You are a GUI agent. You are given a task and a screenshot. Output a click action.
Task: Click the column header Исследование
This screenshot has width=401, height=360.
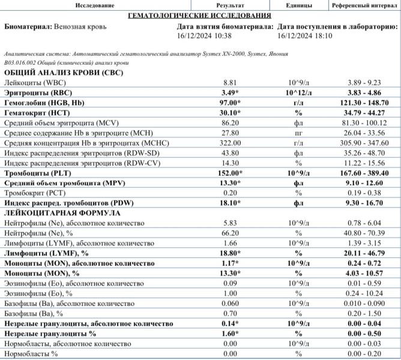coord(95,5)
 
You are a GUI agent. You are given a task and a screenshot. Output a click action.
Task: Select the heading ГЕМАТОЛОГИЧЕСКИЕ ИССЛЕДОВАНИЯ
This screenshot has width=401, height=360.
coord(200,15)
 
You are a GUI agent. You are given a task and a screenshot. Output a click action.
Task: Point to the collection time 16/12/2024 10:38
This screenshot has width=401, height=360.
coord(205,36)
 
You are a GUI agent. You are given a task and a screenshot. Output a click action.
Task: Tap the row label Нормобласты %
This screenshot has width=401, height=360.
coord(31,354)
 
